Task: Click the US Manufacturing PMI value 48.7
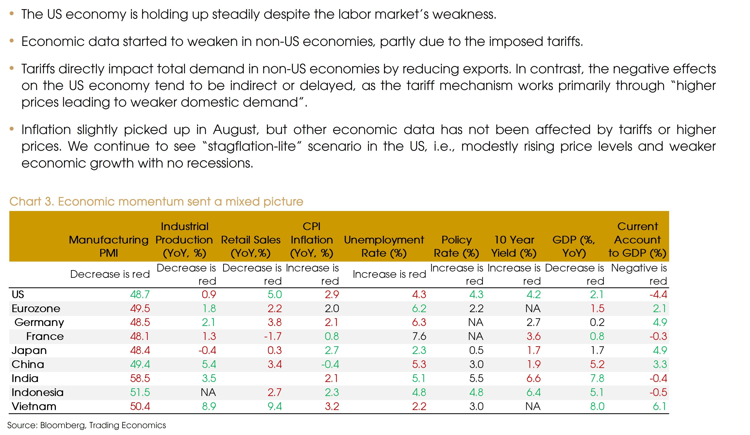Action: (x=140, y=294)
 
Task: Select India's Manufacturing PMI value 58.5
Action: (x=140, y=378)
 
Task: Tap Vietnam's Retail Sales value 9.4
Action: (x=274, y=406)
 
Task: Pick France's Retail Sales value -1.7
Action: (x=273, y=336)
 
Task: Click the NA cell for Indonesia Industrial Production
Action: (x=208, y=392)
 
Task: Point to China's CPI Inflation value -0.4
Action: (x=330, y=364)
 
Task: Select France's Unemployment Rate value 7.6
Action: (x=419, y=336)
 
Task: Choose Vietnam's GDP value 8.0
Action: (x=597, y=406)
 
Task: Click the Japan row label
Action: (x=29, y=350)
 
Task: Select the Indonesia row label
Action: (x=38, y=392)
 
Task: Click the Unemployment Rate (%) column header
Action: (x=384, y=246)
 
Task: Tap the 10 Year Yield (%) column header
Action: (x=514, y=246)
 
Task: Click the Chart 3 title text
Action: (x=156, y=201)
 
